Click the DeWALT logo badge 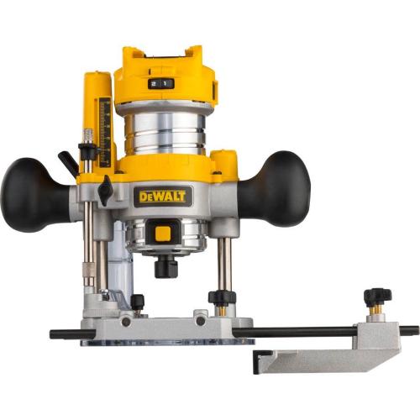click(163, 197)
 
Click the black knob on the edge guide click(377, 297)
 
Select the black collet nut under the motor click(166, 267)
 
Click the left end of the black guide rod click(55, 333)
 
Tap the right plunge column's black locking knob click(221, 297)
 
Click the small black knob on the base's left click(137, 301)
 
